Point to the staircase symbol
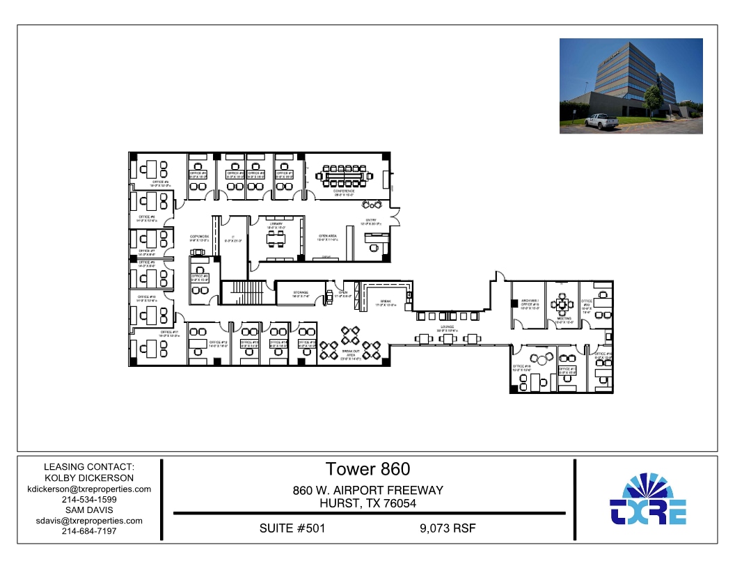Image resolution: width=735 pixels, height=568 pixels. point(246,292)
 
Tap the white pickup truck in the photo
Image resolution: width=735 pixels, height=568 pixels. point(601,122)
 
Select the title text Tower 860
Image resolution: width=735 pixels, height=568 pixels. point(367,469)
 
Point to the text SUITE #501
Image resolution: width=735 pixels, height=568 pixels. point(292,528)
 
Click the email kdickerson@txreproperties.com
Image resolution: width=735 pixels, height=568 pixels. point(88,489)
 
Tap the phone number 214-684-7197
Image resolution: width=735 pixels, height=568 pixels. point(88,531)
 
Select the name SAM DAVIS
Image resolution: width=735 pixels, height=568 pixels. point(88,510)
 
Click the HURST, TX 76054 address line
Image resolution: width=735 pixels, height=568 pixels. point(367,503)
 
